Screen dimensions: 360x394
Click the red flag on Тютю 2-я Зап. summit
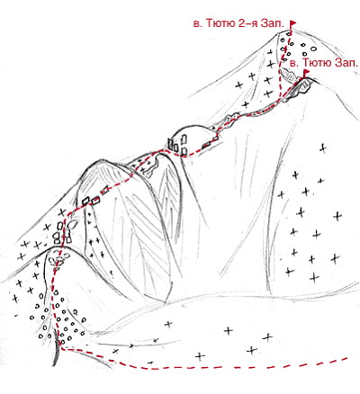(292, 22)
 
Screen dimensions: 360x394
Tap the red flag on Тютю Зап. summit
(306, 73)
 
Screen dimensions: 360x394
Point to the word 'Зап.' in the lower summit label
(347, 63)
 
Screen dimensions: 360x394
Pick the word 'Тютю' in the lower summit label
(317, 63)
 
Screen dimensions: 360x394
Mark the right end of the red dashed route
(347, 358)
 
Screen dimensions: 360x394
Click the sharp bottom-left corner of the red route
(62, 349)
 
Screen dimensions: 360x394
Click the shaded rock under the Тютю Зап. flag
(303, 86)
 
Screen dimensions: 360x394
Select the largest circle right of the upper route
(313, 49)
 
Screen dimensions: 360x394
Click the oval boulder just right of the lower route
(73, 224)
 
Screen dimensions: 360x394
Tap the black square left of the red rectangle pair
(86, 201)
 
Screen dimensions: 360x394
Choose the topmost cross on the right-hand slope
(323, 148)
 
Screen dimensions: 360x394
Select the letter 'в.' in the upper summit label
(198, 24)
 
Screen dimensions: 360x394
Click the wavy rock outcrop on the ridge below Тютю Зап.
(231, 120)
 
